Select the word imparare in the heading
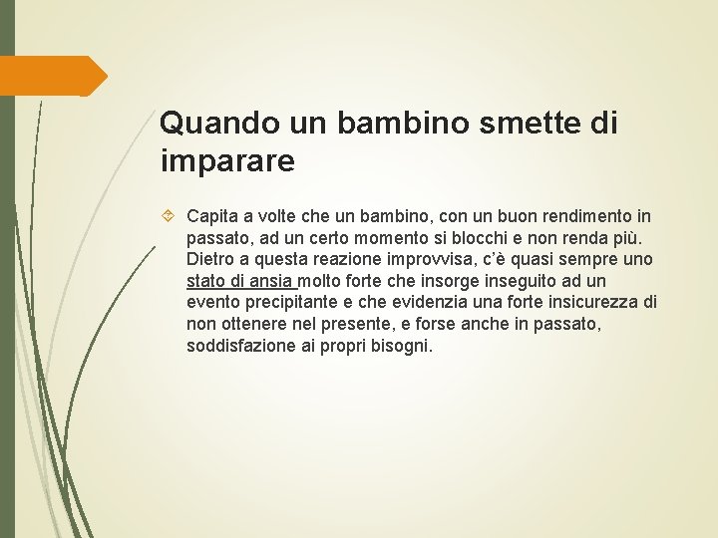point(227,159)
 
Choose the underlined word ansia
point(269,281)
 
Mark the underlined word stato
point(206,281)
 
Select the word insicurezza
point(587,303)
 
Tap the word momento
point(365,238)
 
